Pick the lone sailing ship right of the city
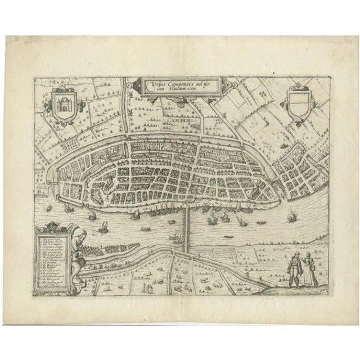(292, 214)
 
